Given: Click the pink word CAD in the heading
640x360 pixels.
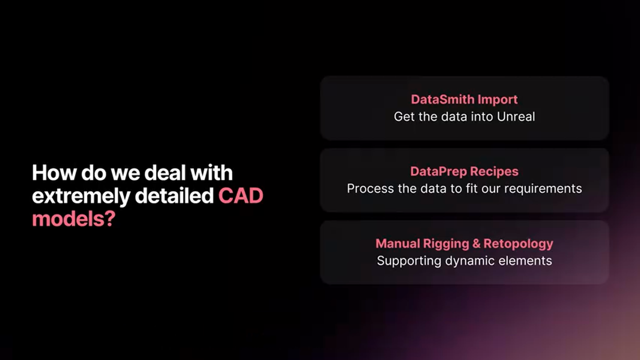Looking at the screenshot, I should pos(240,196).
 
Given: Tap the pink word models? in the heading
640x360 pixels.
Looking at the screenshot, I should pos(73,219).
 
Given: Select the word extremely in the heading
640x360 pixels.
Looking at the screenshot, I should pos(80,196).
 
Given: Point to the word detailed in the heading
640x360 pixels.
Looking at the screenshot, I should pos(174,196).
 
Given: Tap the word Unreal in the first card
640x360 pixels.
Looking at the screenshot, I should pos(516,116).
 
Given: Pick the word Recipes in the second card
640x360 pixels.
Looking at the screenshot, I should pos(495,171).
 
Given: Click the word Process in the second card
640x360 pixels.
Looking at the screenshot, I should pos(367,188).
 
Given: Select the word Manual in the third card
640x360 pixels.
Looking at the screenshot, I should pos(397,243).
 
